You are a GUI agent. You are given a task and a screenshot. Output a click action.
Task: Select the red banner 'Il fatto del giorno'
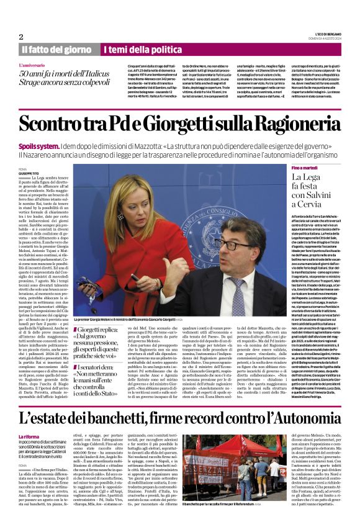56,49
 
